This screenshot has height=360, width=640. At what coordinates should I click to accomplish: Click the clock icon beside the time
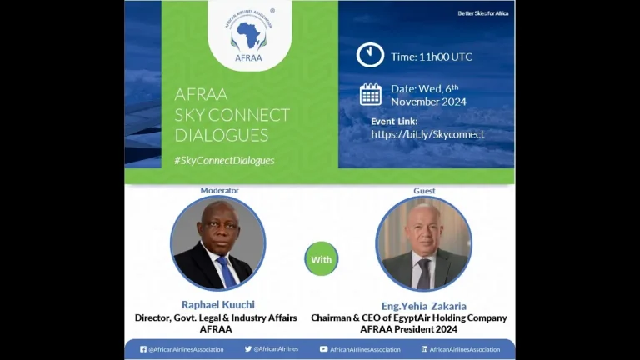pos(370,55)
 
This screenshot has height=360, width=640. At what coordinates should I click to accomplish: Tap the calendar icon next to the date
pos(371,95)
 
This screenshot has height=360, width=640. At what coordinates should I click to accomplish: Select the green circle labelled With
pos(321,259)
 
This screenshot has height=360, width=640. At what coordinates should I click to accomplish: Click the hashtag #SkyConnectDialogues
pos(224,160)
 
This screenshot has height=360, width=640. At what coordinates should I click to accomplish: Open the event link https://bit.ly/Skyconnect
pos(427,134)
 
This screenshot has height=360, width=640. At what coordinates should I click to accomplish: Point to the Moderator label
pos(220,190)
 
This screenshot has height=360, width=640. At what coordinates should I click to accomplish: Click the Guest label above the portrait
pos(424,191)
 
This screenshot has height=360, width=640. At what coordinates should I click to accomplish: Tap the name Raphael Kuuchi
pos(218,304)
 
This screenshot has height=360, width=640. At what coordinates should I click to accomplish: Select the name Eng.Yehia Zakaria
pos(424,306)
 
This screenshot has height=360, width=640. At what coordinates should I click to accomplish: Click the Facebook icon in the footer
pos(143,349)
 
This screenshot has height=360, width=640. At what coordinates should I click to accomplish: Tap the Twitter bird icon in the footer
pos(248,349)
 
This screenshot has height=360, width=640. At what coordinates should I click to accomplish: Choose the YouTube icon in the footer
pos(323,349)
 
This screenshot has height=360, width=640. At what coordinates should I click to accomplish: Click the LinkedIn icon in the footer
pos(424,349)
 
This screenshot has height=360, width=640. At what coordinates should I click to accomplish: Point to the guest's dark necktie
pos(423,273)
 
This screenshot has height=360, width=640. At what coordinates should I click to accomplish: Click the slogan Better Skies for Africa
pos(482,13)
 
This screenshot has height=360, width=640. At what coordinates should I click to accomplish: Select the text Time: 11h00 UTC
pos(432,57)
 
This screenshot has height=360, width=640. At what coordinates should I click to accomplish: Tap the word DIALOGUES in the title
pos(222,136)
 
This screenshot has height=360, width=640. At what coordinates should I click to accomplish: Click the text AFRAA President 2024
pos(408,329)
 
